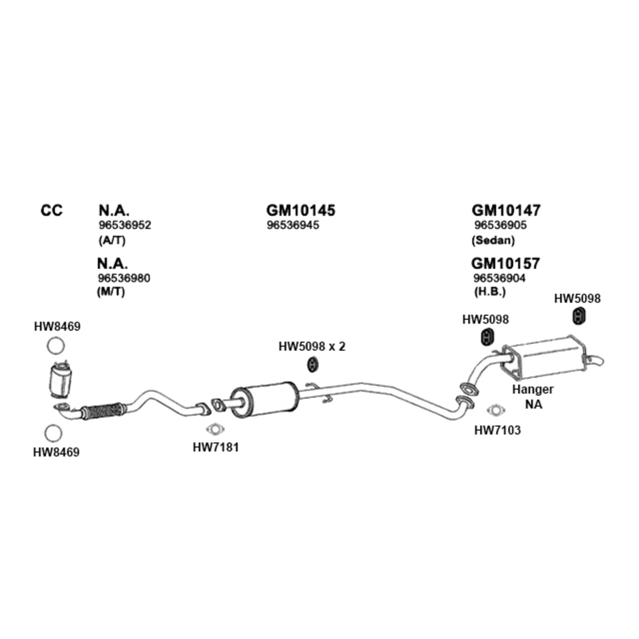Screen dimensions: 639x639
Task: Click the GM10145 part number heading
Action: (x=301, y=210)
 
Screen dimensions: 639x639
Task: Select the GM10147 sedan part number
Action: (x=506, y=210)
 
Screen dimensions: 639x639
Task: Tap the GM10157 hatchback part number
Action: (x=506, y=263)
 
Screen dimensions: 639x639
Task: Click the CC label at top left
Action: (x=52, y=210)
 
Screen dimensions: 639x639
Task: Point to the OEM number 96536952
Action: (x=125, y=225)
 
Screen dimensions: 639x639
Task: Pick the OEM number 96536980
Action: (x=124, y=278)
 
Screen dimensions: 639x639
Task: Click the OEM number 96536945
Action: (x=293, y=225)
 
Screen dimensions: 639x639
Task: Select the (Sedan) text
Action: (x=493, y=240)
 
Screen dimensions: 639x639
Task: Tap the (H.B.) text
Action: (x=490, y=292)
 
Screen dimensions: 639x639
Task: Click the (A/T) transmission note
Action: (x=112, y=240)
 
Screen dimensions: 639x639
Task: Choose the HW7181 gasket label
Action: (x=216, y=447)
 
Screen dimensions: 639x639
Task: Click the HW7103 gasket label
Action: (x=498, y=430)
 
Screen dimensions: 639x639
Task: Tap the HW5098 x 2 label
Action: (x=312, y=346)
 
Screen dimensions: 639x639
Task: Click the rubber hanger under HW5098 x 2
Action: (x=314, y=365)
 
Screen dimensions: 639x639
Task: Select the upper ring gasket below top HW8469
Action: (x=55, y=346)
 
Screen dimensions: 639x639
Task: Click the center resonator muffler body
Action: (x=264, y=399)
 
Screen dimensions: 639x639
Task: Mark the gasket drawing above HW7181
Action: (x=216, y=429)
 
